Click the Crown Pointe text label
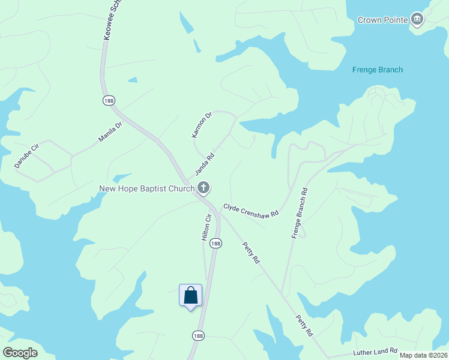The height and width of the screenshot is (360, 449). point(383,20)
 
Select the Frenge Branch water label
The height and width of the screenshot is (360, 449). point(377,70)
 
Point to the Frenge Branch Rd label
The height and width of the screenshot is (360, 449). point(300,214)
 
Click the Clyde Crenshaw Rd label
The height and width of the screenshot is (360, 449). point(251,210)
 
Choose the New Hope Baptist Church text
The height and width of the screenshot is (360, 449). point(146,189)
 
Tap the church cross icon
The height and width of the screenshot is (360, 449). point(203,188)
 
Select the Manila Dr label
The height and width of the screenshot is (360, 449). point(110,133)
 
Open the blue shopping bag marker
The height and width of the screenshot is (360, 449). point(191,296)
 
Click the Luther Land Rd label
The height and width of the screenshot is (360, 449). point(375,350)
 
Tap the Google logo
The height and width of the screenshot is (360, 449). point(20,352)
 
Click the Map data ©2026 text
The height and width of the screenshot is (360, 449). point(423,355)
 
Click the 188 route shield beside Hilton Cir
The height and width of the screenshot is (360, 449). point(216,243)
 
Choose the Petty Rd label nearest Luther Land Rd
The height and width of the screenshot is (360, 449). point(305,326)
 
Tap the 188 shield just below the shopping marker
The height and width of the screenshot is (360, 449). point(198,335)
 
